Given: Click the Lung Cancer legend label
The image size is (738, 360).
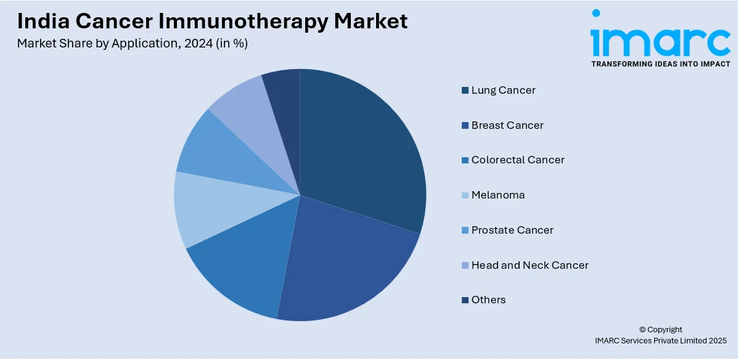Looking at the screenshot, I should tap(503, 90).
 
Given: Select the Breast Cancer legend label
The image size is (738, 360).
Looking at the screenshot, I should tap(507, 125).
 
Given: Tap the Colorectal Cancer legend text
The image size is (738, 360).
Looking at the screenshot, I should tap(518, 160).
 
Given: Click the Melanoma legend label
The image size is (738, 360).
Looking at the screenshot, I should tap(498, 195).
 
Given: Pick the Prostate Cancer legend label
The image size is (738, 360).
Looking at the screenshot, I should tap(512, 230).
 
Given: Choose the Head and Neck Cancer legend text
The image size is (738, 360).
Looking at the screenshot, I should tap(530, 265).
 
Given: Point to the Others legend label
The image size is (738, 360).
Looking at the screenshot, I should tap(488, 300).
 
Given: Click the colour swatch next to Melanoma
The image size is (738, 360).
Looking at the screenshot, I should tap(465, 195).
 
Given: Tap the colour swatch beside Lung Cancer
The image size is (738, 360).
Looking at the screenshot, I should tap(465, 91).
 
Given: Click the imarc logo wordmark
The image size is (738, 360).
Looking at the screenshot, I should tap(660, 38).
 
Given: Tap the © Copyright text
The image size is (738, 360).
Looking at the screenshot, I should tap(660, 330).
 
